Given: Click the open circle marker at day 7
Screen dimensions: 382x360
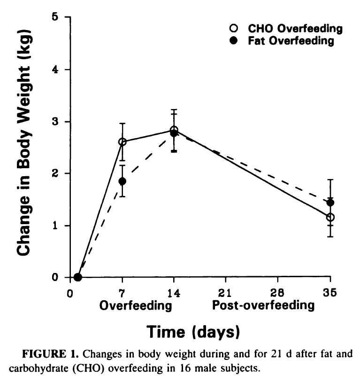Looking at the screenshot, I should click(123, 141).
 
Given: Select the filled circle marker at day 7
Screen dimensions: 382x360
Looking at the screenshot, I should click(123, 181).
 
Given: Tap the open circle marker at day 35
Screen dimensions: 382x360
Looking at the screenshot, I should click(330, 217).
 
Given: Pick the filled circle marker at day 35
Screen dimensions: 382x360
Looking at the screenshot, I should click(330, 203).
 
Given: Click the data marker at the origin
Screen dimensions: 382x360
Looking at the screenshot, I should click(78, 277).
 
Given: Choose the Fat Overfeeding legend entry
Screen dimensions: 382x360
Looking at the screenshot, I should click(284, 41).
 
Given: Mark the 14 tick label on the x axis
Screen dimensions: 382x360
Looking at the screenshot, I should click(174, 291).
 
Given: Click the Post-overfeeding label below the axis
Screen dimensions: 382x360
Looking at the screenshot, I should click(263, 305).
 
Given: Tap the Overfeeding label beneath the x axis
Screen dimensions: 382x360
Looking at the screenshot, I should click(135, 305).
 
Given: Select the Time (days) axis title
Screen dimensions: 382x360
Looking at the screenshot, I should click(194, 332).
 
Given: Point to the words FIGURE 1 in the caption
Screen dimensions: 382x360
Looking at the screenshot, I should click(46, 354).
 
